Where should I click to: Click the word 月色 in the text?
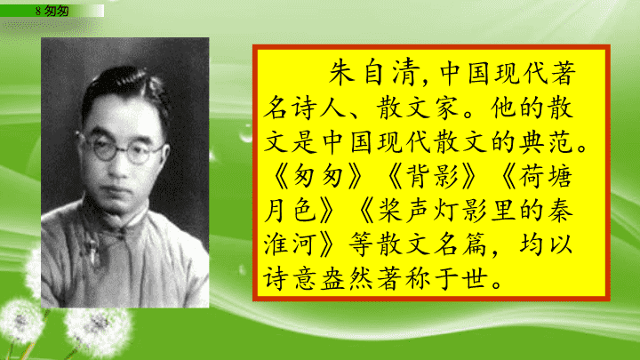(290, 211)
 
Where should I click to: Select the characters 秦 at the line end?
(560, 211)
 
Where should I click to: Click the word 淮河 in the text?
(290, 244)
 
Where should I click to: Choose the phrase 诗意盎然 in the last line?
(318, 279)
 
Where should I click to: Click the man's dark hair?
(124, 85)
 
